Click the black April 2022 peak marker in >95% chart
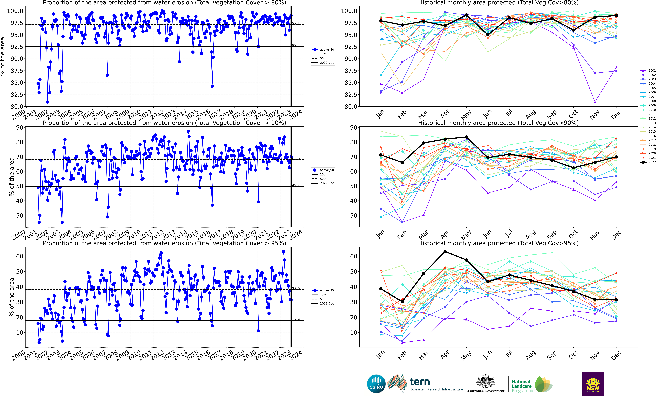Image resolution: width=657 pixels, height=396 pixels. pyautogui.click(x=445, y=252)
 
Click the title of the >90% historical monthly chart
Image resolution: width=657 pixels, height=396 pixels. pyautogui.click(x=498, y=123)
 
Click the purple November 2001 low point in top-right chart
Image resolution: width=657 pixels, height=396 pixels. pyautogui.click(x=595, y=102)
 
